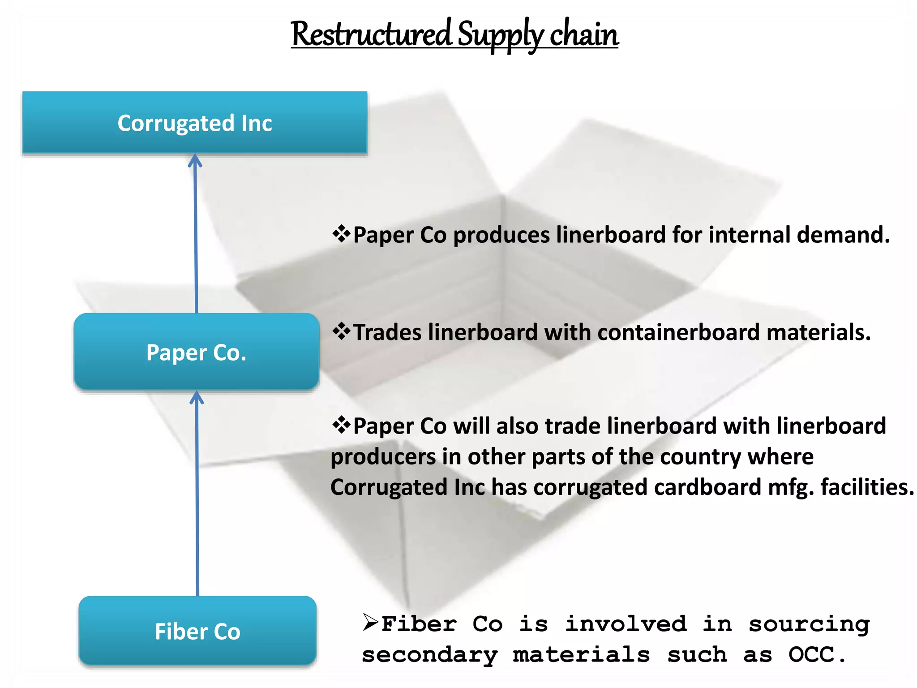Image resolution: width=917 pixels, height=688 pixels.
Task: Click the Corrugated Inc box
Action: (195, 123)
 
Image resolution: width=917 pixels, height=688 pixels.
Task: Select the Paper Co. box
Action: (196, 352)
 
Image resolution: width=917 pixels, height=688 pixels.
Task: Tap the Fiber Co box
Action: (197, 631)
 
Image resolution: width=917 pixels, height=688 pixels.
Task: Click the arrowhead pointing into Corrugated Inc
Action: (195, 160)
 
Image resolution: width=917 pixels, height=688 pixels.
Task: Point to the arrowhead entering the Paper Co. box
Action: (197, 397)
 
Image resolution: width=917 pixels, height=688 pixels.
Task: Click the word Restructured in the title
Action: (372, 34)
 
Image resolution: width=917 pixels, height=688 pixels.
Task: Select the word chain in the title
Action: (584, 34)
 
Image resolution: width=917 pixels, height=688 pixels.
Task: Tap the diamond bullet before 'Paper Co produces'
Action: (341, 234)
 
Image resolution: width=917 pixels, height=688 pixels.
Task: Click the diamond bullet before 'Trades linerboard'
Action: (341, 331)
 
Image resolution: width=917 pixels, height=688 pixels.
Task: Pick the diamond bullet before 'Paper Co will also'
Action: (341, 425)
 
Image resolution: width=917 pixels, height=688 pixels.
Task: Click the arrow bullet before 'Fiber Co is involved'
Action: (371, 622)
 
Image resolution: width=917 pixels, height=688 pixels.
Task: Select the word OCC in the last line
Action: (811, 654)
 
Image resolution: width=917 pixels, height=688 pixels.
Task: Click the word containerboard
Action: (678, 332)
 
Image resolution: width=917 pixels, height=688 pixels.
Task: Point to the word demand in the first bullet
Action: (842, 235)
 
